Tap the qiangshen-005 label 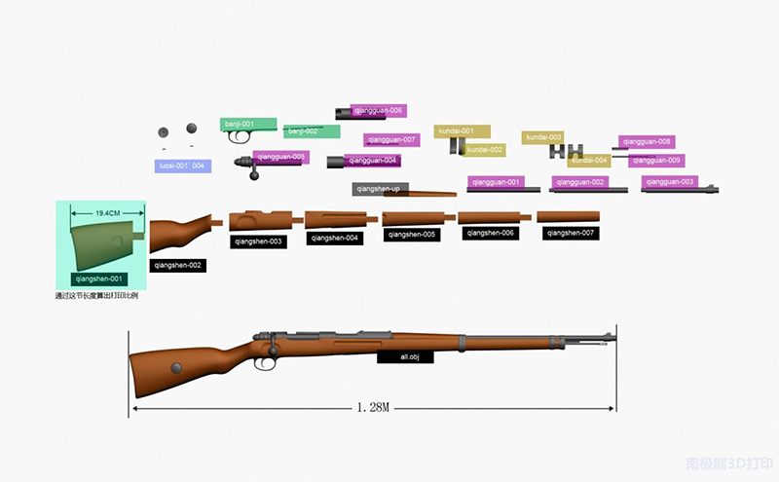click(x=412, y=235)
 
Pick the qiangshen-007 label click(x=570, y=234)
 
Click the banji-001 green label click(x=239, y=124)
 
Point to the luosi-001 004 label click(x=183, y=166)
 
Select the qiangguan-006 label click(x=378, y=111)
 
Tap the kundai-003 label click(x=544, y=137)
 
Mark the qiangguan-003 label click(x=669, y=182)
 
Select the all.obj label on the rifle click(x=405, y=357)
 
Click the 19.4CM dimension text click(x=106, y=212)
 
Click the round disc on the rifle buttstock click(x=177, y=367)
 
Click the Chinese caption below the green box click(x=96, y=295)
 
